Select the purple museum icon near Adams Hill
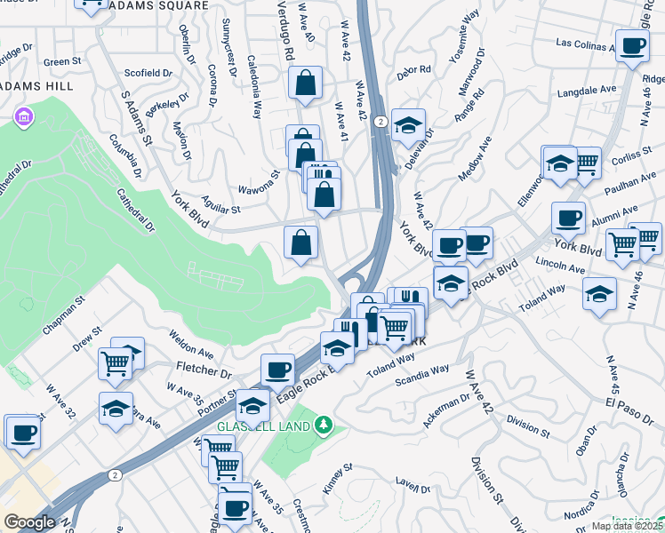click(23, 117)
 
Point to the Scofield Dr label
click(148, 73)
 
